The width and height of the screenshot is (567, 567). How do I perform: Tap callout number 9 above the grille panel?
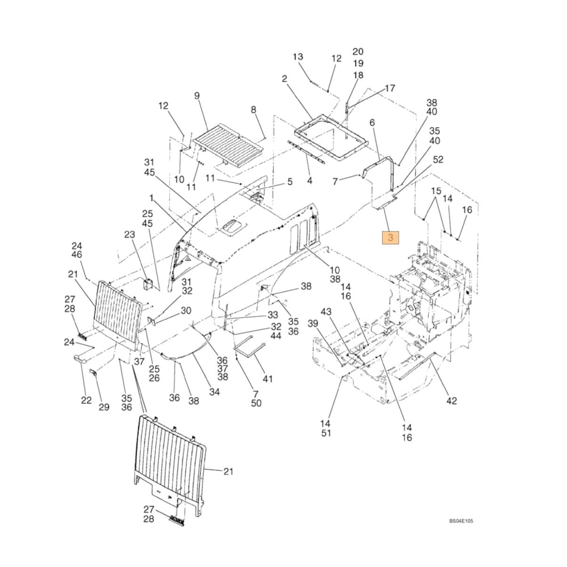point(197,96)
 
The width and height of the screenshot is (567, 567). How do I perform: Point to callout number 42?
point(451,401)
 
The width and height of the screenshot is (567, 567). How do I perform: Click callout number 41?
point(267,378)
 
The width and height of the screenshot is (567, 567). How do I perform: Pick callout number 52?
point(438,160)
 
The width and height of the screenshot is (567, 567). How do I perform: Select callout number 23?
point(130,234)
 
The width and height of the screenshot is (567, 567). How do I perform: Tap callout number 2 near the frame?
point(284,78)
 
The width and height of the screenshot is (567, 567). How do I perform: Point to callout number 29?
point(103,407)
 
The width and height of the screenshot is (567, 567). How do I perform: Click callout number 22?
point(86,400)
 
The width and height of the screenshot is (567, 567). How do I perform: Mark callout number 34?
point(214,391)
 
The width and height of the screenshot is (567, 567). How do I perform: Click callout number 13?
point(298,57)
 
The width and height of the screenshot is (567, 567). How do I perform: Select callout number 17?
point(390,88)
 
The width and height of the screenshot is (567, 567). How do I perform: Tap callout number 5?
point(289,182)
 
